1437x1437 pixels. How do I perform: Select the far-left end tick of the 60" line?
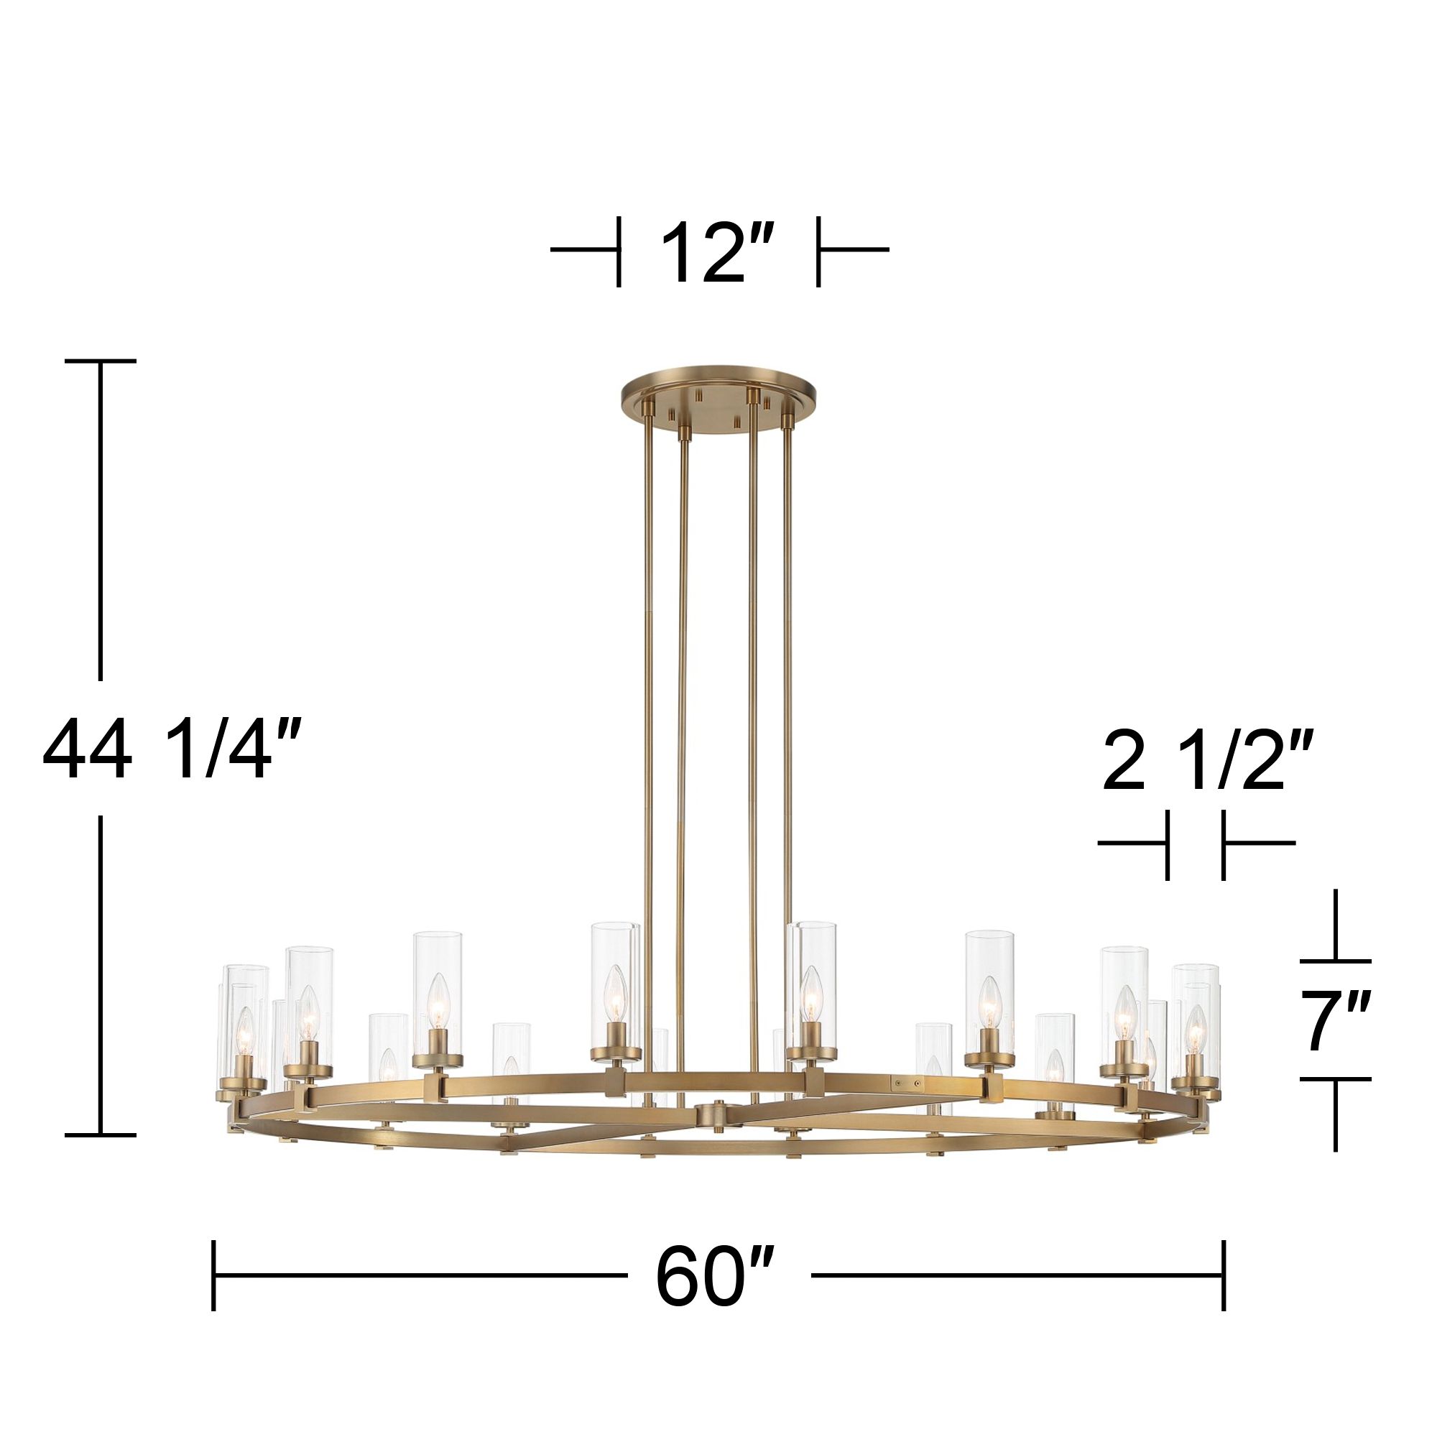(214, 1275)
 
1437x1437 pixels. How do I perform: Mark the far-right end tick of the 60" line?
(1223, 1275)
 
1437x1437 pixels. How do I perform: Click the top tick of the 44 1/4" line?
(101, 361)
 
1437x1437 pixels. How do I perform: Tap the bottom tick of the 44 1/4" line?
(101, 1135)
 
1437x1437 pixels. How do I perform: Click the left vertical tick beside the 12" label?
(618, 251)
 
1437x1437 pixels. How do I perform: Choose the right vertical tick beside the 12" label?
(818, 251)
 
